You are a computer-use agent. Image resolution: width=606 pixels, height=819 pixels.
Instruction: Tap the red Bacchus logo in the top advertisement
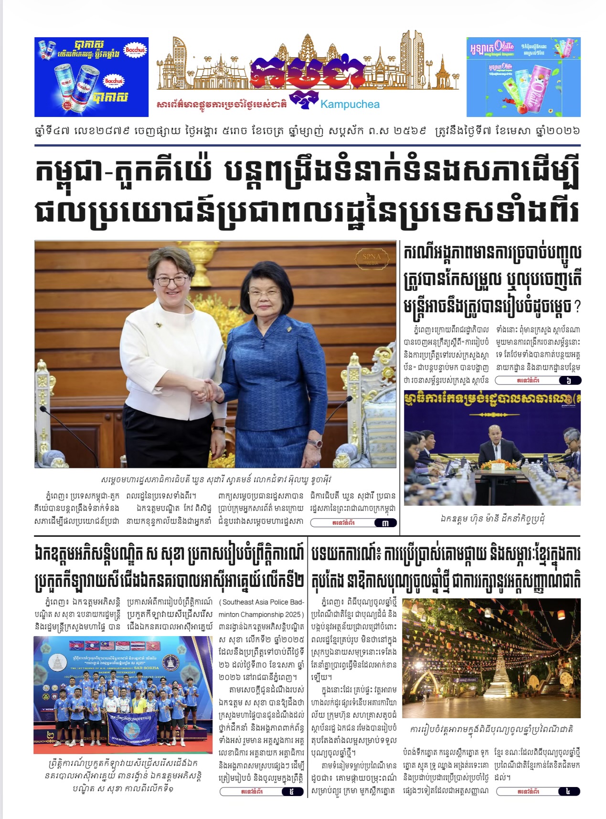(x=135, y=50)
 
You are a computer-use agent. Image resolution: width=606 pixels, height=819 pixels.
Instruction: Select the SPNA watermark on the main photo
(x=372, y=258)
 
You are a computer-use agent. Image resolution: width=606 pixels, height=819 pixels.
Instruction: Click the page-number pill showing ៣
(x=385, y=523)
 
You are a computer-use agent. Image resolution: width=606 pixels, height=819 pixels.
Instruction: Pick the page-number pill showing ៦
(x=568, y=381)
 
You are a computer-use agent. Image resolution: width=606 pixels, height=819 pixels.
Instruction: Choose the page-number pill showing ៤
(x=567, y=791)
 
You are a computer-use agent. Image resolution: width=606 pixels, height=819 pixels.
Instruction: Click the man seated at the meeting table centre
(x=498, y=446)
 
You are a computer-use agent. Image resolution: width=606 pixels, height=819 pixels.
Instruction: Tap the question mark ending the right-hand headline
(x=576, y=307)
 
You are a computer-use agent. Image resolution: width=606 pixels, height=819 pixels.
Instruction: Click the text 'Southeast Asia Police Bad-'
(x=262, y=602)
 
